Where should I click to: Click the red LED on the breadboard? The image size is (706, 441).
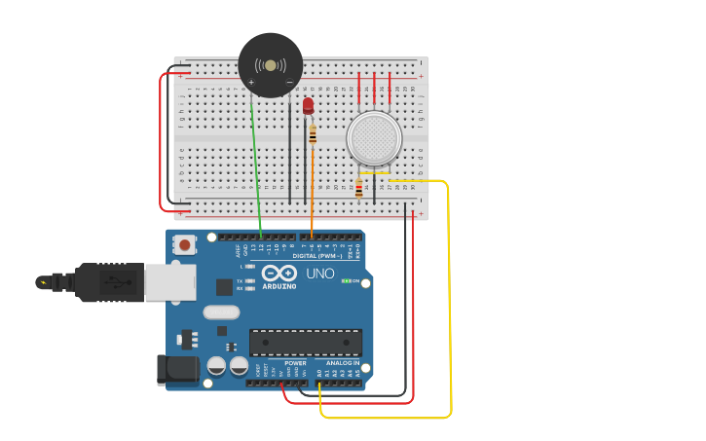coord(308,105)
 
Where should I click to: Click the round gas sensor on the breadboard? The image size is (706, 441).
coord(374,138)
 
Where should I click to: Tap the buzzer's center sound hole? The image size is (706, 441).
coord(271,65)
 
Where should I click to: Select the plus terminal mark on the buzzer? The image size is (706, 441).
coord(251,83)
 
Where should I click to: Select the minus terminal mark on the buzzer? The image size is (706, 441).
coord(289,83)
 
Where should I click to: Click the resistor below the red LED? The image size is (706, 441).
coord(313,135)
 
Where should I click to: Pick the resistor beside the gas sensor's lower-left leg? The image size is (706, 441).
coord(359,189)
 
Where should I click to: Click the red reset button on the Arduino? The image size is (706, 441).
coord(184,245)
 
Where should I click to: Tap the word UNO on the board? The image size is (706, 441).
coord(320,274)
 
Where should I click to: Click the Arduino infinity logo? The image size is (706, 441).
coord(279,274)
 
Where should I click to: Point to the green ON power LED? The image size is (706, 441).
coord(347,281)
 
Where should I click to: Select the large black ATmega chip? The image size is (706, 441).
coord(305,343)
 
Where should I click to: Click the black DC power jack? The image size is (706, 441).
coord(178,370)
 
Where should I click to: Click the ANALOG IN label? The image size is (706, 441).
coord(342,362)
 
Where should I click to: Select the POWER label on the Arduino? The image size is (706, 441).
coord(295,362)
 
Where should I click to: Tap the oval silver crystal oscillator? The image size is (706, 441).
coord(221,312)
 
